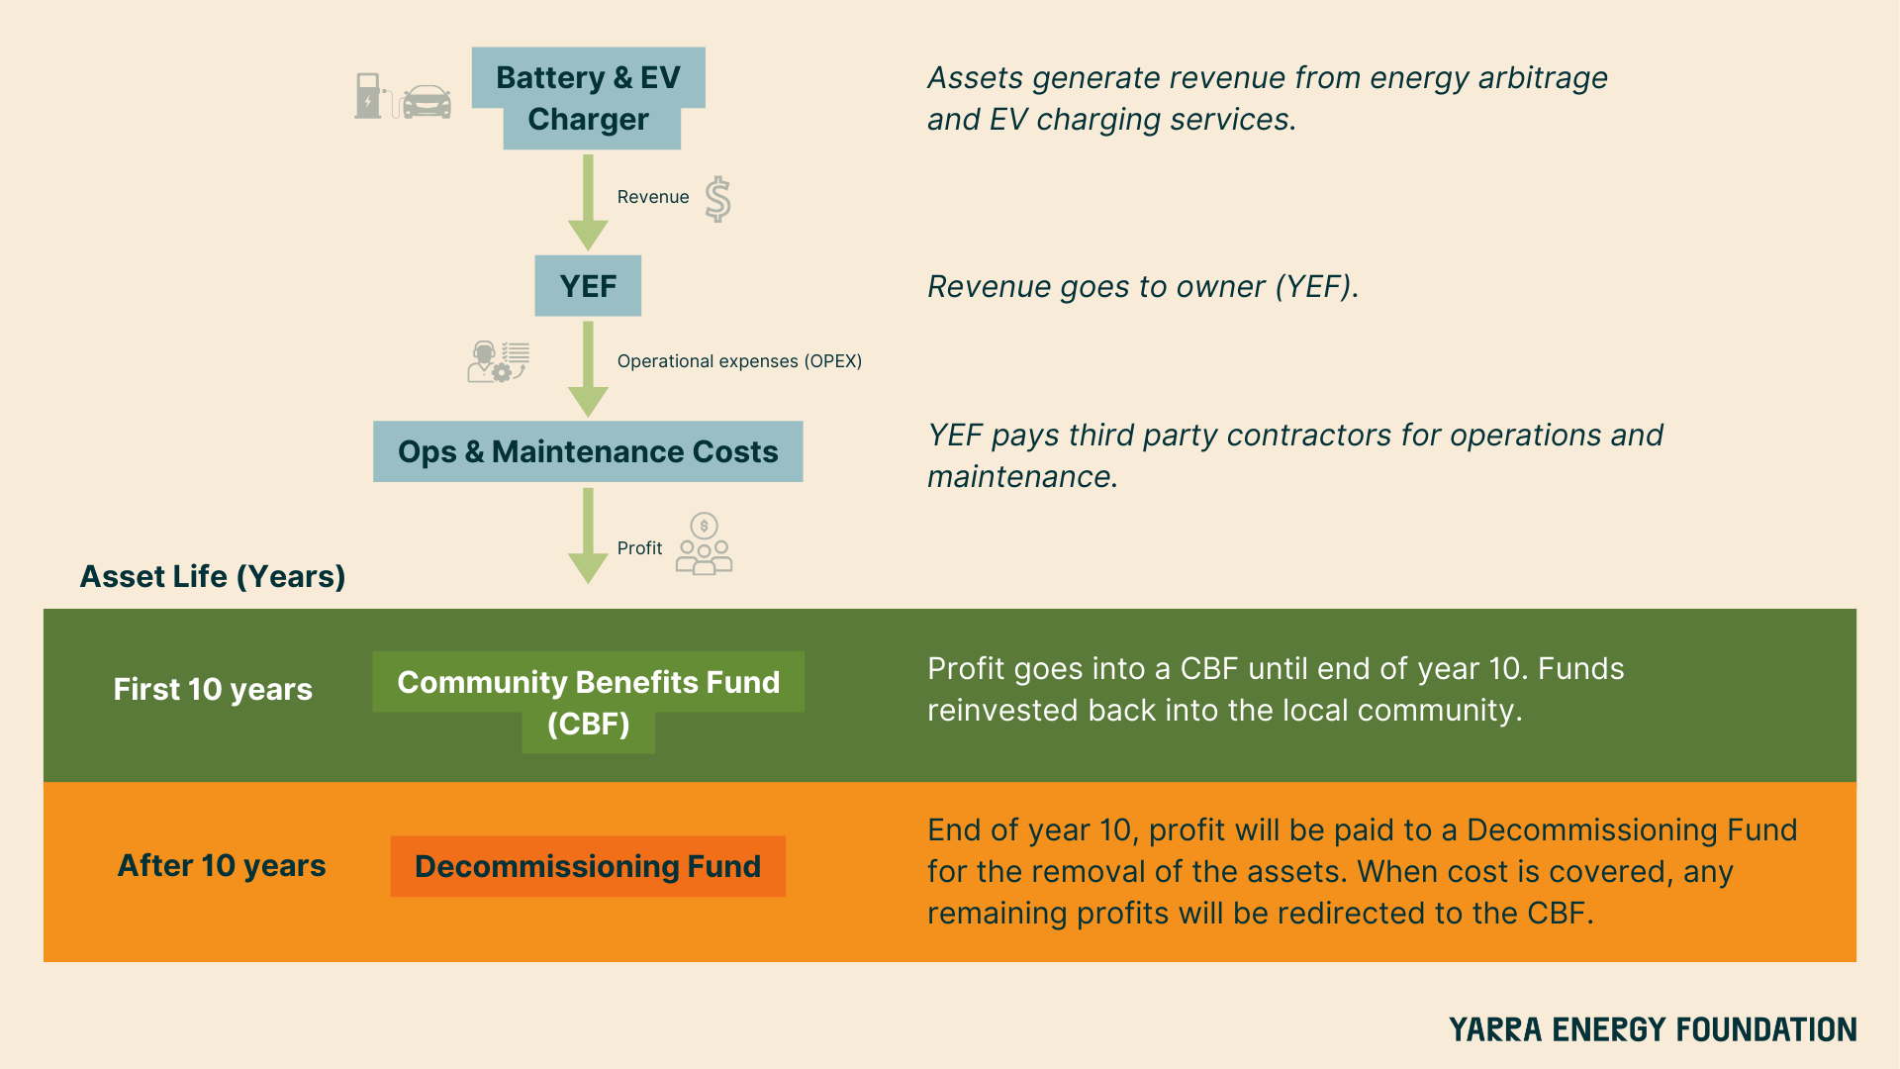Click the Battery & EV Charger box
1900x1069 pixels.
pos(588,98)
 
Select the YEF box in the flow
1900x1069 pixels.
pos(588,286)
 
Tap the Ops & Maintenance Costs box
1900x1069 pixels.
pos(588,451)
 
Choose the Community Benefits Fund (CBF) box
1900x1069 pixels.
pos(588,702)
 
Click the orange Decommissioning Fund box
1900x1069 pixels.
pos(588,866)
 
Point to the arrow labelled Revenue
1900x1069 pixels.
pos(588,202)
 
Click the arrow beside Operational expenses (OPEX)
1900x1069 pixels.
pos(588,368)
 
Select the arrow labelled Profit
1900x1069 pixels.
pos(588,534)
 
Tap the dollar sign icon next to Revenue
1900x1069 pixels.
pos(718,199)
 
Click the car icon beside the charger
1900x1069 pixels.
pos(427,101)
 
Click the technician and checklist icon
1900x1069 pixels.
pos(498,361)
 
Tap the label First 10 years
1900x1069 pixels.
pos(213,689)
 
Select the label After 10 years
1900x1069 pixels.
pos(222,865)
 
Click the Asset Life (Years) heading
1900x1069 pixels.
pos(213,576)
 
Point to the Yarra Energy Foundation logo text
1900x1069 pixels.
pos(1653,1029)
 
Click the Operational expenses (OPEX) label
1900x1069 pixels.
pos(739,361)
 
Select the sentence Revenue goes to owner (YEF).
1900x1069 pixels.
pos(1143,287)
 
